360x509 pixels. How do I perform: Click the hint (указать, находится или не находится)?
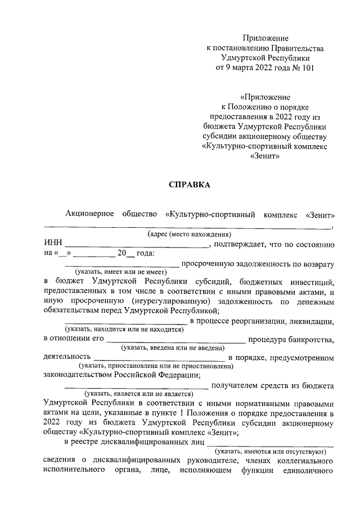(124, 330)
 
